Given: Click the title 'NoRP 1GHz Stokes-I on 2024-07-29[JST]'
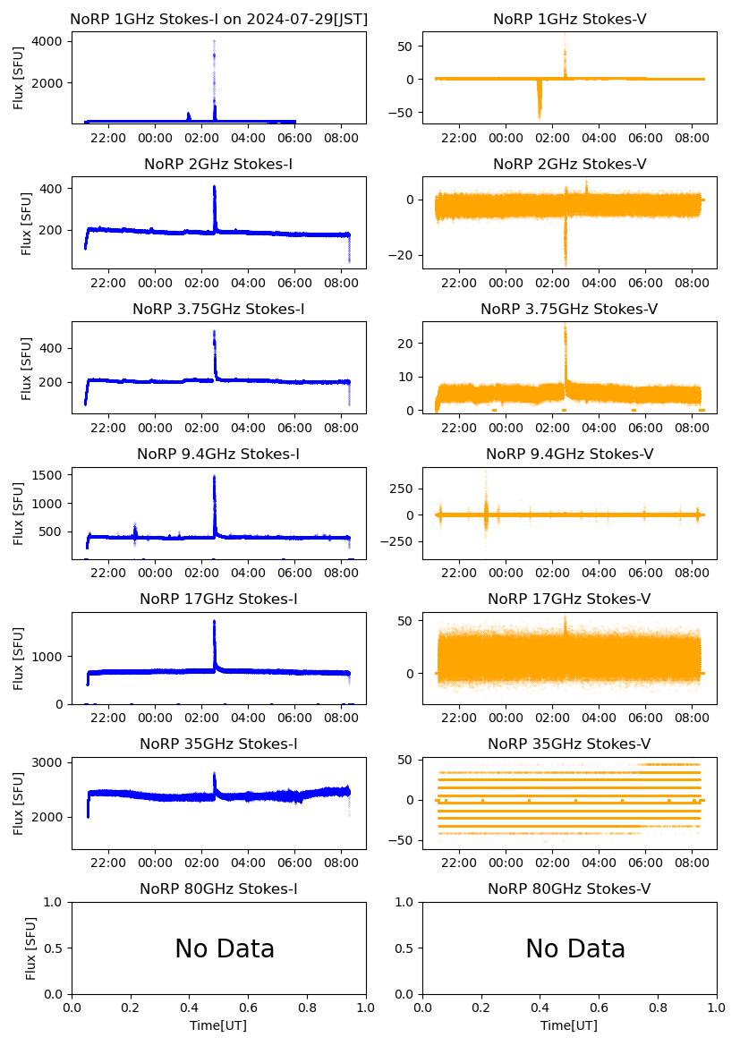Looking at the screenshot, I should (x=218, y=19).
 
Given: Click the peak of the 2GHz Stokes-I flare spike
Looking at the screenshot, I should (x=215, y=187).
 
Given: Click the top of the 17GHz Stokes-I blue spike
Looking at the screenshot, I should (x=215, y=621).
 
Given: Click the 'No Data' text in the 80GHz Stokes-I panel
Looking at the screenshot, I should (x=225, y=948).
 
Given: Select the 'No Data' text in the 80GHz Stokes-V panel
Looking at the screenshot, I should (x=575, y=948).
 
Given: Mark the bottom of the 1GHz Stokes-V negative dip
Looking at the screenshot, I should (x=539, y=117).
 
